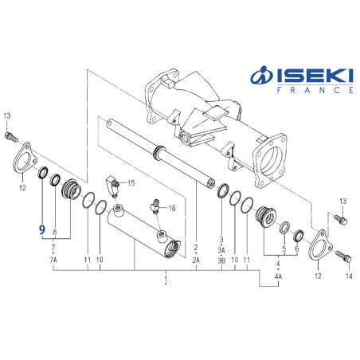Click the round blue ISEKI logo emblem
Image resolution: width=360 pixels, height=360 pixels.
click(262, 77)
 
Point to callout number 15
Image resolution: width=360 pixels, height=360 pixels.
click(131, 183)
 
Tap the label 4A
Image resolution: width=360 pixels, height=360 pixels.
click(278, 276)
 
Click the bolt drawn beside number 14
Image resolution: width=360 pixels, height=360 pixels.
click(342, 257)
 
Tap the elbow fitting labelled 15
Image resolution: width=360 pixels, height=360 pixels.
click(114, 184)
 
